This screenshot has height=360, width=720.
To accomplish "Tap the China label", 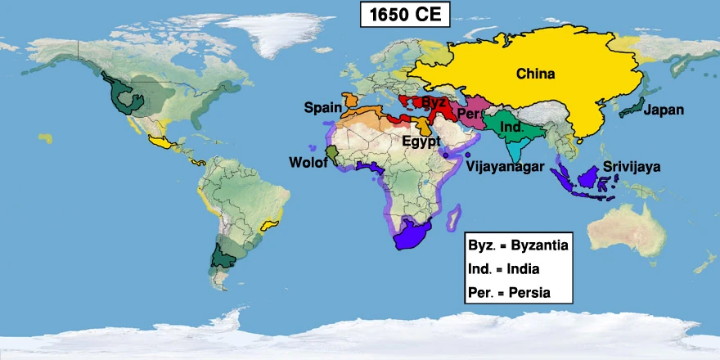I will click(535, 74).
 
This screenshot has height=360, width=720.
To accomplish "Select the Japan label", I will click(663, 110).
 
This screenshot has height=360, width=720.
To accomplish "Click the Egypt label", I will click(421, 141).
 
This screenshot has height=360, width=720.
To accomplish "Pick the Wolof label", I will click(308, 163).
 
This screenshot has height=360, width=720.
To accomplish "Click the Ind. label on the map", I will click(511, 128).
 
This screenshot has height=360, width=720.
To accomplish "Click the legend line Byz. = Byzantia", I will click(518, 245).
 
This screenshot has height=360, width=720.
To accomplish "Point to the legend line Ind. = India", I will click(504, 268).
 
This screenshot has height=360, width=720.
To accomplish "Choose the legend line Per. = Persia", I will click(508, 292).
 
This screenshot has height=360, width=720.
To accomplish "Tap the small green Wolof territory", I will click(331, 152).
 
